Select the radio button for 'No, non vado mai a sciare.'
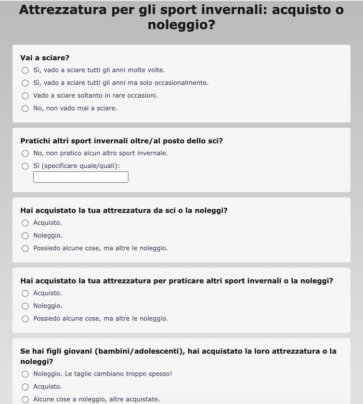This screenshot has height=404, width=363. point(25,109)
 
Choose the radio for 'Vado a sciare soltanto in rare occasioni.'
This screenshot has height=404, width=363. point(25,96)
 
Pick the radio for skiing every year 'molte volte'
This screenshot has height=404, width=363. point(25,70)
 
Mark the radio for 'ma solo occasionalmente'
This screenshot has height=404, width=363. point(25,83)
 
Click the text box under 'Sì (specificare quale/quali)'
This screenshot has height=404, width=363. point(81,177)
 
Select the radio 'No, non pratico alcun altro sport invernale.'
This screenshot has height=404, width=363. point(25,154)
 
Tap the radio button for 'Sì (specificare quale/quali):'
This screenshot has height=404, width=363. point(25,166)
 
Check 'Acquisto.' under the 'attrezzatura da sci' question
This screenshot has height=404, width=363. point(25,223)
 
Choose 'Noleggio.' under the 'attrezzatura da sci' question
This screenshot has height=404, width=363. point(25,236)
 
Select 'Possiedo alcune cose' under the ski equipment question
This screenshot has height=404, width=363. point(25,249)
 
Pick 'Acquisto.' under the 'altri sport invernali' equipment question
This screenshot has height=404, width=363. point(25,293)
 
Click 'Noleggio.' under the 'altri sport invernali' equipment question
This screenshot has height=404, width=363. point(25,306)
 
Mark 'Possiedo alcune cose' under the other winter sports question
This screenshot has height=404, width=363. point(25,319)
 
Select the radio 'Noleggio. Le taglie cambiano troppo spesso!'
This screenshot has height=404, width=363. point(25,374)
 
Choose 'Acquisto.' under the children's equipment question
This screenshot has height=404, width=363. point(25,387)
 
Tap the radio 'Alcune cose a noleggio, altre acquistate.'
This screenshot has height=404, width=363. point(25,400)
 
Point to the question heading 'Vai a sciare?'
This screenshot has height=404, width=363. point(45,58)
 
